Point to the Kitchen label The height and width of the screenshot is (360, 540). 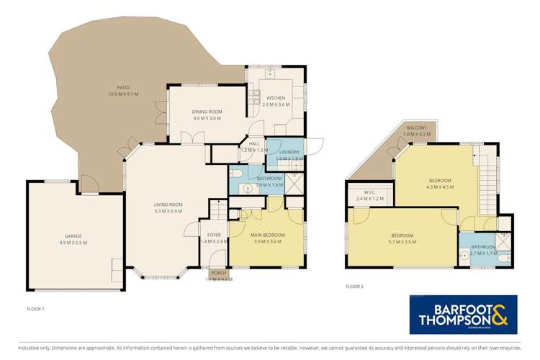click(x=276, y=98)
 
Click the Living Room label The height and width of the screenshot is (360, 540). click(x=168, y=204)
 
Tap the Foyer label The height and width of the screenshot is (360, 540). click(x=215, y=235)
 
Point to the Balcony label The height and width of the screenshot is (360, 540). click(x=416, y=127)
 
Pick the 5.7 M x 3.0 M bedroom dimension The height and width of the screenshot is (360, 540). click(x=402, y=243)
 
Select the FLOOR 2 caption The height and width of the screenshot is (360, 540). click(x=354, y=286)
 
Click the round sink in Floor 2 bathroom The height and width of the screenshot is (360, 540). click(x=464, y=254)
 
